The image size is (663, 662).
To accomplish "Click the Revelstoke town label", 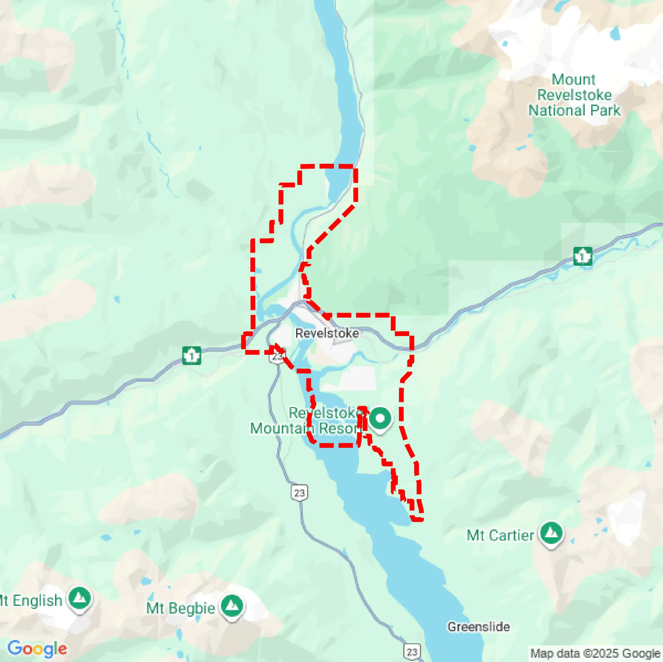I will click(327, 333).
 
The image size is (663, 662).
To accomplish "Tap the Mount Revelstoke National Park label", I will click(574, 95).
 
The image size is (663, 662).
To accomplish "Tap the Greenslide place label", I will click(478, 627).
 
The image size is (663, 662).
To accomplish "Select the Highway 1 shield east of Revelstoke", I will click(583, 256).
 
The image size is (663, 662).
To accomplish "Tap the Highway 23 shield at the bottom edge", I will click(412, 652).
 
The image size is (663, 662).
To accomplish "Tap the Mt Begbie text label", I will click(181, 608).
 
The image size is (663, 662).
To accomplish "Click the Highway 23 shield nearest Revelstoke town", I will click(277, 356).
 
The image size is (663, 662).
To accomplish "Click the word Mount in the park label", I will click(573, 79).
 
